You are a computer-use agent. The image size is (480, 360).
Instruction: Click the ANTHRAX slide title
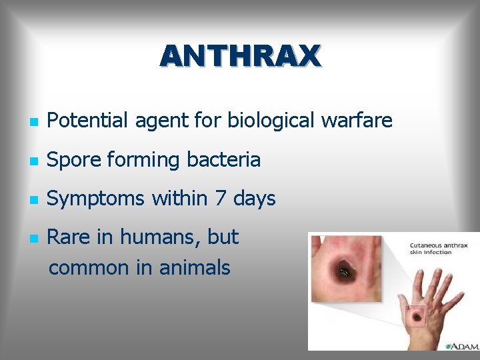pos(240,57)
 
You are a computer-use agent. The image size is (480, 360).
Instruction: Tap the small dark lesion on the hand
pos(417,317)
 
